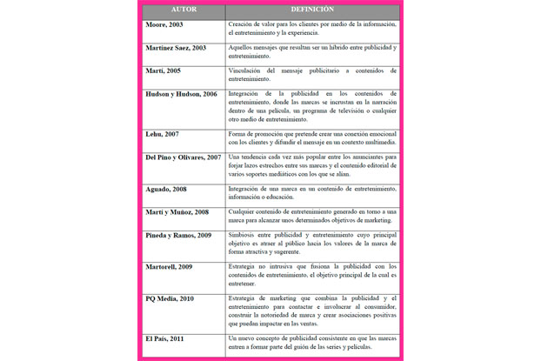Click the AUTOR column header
(x=183, y=10)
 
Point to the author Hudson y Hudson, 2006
(x=183, y=93)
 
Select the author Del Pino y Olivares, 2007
(x=184, y=157)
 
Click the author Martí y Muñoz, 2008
(x=177, y=211)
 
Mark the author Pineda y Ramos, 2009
(x=178, y=235)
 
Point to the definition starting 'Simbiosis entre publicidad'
(x=312, y=244)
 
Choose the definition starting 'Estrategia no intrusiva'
(x=312, y=275)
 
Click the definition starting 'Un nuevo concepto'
(x=312, y=341)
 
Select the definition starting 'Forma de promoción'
(x=312, y=139)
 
